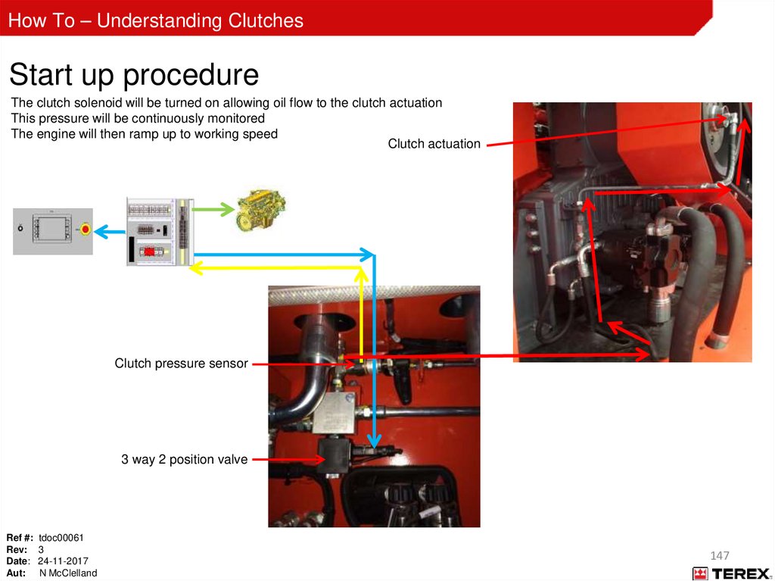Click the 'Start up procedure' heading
pos(134,75)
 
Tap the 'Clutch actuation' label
pos(434,143)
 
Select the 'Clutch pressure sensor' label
pos(181,364)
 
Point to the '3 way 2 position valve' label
pos(185,459)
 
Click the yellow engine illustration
pos(261,210)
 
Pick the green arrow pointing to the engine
pos(213,209)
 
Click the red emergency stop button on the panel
pos(86,229)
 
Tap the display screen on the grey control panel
pos(52,229)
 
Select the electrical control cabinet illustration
pos(160,232)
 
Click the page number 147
pos(720,555)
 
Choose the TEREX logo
pos(731,573)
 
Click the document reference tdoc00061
pos(61,538)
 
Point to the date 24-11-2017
pos(63,561)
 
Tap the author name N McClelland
pos(68,573)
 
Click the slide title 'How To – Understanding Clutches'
pos(156,20)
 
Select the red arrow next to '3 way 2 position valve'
pos(288,459)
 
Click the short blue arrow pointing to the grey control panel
pos(110,232)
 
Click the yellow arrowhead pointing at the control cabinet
pos(197,268)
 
